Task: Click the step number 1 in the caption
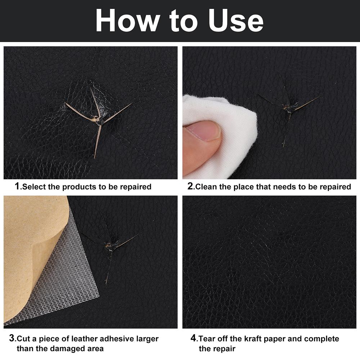pyautogui.click(x=17, y=186)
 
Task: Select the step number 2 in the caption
pyautogui.click(x=191, y=186)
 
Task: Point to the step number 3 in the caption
pyautogui.click(x=12, y=339)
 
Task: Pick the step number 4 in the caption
pyautogui.click(x=194, y=339)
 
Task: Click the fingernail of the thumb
pyautogui.click(x=209, y=130)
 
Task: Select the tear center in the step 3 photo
pyautogui.click(x=110, y=246)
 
